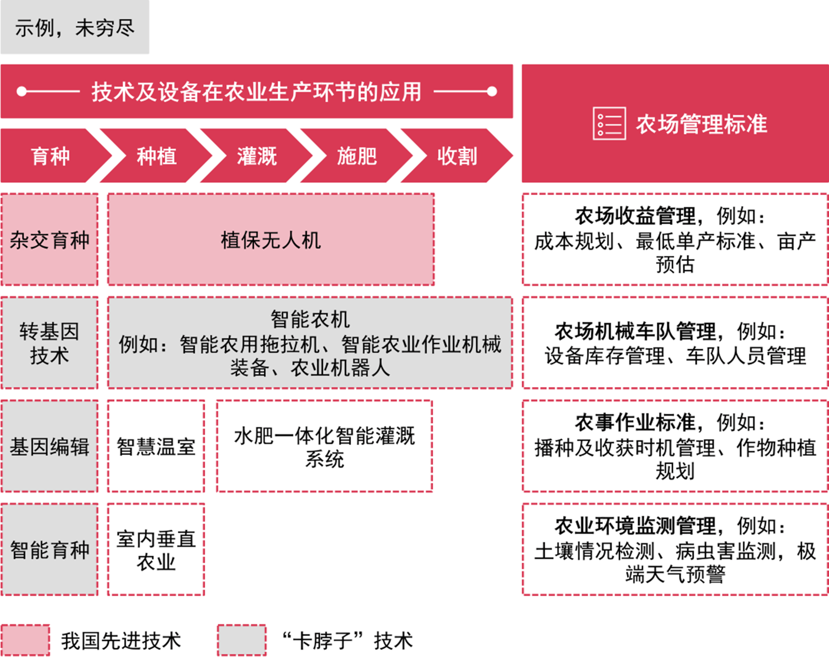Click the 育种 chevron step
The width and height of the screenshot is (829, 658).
(x=51, y=156)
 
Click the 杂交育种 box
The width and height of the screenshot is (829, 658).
(x=50, y=239)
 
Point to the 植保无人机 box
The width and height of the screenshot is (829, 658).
(x=271, y=239)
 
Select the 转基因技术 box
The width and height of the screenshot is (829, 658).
(x=50, y=343)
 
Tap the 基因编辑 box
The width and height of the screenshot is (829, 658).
(x=50, y=446)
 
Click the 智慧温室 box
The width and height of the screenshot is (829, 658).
(x=156, y=446)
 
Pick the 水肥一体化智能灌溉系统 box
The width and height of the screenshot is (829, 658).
(x=325, y=446)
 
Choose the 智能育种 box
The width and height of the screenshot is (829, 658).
(x=50, y=549)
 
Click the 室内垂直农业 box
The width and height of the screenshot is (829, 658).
(x=156, y=549)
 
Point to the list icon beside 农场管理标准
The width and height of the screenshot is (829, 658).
(x=609, y=123)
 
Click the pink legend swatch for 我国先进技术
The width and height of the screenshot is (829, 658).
(x=25, y=640)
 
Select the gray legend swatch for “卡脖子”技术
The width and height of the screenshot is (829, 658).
(x=242, y=640)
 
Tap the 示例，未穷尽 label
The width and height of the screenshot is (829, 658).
(x=75, y=28)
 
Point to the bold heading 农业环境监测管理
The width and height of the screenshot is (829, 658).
(x=636, y=525)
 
